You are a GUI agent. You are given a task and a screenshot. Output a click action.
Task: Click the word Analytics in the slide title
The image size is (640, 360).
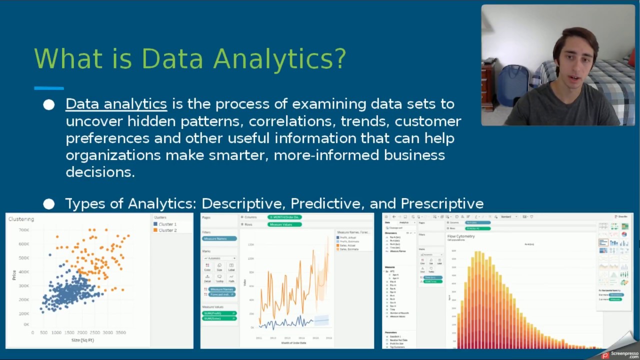pyautogui.click(x=279, y=59)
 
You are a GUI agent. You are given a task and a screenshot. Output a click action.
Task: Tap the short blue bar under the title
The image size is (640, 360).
pyautogui.click(x=48, y=88)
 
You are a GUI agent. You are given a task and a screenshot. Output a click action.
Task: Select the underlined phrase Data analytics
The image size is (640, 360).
pyautogui.click(x=116, y=104)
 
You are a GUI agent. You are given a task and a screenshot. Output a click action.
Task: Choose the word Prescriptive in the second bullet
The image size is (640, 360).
pyautogui.click(x=442, y=203)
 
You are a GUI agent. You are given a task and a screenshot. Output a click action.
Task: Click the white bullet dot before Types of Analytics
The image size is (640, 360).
pyautogui.click(x=48, y=204)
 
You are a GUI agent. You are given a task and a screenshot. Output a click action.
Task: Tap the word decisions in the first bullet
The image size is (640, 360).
pyautogui.click(x=100, y=172)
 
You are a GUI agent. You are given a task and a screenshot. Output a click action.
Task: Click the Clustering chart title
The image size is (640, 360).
pyautogui.click(x=21, y=219)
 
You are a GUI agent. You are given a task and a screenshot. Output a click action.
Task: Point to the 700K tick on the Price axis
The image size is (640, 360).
pyautogui.click(x=23, y=230)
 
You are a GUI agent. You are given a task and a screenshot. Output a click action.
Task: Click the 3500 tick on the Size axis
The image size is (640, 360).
pyautogui.click(x=120, y=332)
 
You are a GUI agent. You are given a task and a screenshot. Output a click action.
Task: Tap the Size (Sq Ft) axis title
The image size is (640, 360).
pyautogui.click(x=82, y=340)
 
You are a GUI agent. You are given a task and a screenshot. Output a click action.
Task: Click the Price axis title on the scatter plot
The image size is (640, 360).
pyautogui.click(x=14, y=274)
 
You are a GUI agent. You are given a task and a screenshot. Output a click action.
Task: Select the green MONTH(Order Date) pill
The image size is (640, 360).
pyautogui.click(x=284, y=217)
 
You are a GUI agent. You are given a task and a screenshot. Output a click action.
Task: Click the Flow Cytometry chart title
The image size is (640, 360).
pyautogui.click(x=460, y=236)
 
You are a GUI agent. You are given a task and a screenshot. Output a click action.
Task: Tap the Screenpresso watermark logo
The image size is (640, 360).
pyautogui.click(x=620, y=354)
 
